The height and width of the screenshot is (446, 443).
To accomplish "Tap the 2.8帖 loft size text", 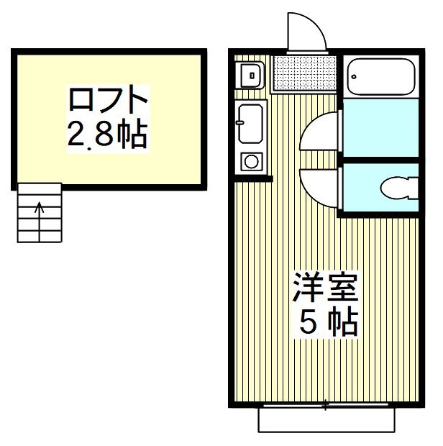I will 108,135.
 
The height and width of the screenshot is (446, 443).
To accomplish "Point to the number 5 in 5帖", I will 307,324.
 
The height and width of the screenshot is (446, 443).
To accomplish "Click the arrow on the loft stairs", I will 39,209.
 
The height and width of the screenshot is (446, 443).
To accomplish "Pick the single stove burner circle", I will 251,161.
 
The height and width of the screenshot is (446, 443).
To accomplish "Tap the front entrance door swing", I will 305,32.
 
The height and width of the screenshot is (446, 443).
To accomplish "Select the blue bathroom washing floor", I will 380,129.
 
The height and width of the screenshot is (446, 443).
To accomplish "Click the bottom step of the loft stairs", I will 39,235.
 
